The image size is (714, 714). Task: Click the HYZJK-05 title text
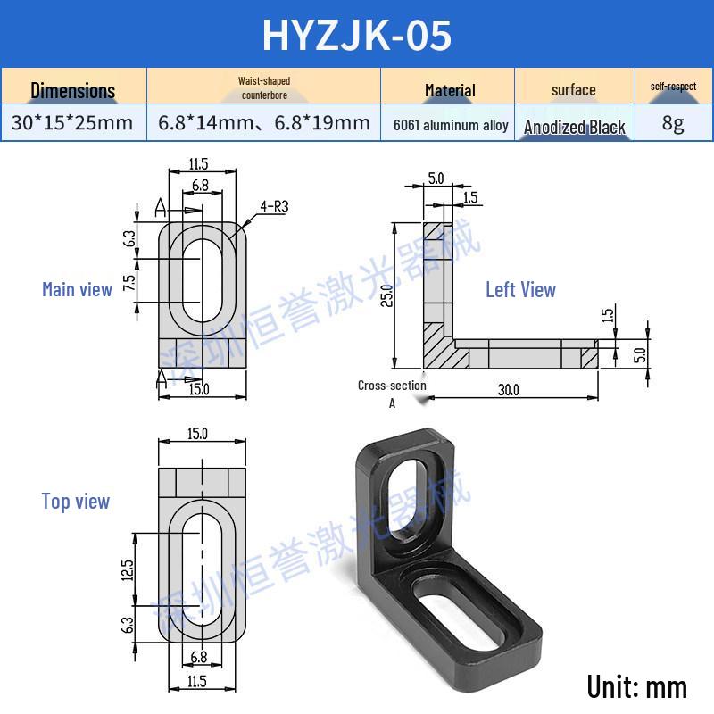357,35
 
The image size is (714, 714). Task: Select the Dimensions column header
73,90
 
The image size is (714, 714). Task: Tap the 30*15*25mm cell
72,123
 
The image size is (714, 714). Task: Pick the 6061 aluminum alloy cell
451,126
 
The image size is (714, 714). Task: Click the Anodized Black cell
575,127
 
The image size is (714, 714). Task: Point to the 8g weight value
674,123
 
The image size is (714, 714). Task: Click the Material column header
450,90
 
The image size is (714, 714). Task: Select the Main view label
77,289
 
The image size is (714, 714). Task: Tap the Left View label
520,290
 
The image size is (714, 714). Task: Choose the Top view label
76,502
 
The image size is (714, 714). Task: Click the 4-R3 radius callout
274,206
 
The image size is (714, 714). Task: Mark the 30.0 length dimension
509,390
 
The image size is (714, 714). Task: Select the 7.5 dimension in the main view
129,284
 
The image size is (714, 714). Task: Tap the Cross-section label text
392,386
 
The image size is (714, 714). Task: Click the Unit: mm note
637,686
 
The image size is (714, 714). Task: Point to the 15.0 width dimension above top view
198,434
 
